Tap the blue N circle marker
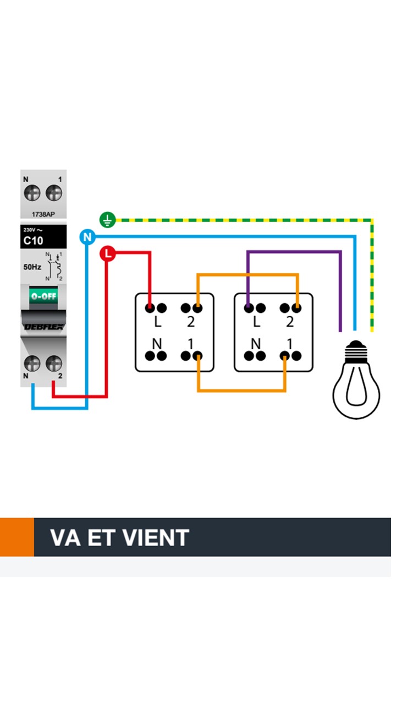click(87, 238)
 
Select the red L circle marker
click(108, 254)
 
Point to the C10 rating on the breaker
click(33, 240)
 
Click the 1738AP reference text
click(43, 214)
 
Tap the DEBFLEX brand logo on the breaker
click(43, 326)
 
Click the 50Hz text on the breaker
click(32, 267)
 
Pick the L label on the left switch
click(157, 322)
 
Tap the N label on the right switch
click(256, 344)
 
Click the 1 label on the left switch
click(190, 344)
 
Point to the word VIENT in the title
click(156, 537)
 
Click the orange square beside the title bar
click(16, 537)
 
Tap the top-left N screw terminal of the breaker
click(32, 193)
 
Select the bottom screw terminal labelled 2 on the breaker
click(53, 363)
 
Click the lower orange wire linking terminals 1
click(242, 391)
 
